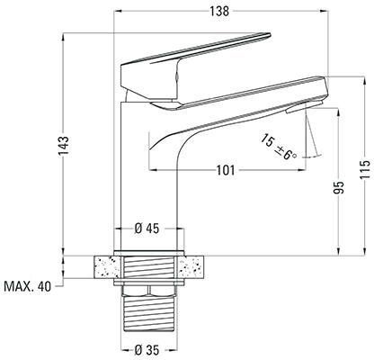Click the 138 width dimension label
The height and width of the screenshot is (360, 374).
pyautogui.click(x=219, y=11)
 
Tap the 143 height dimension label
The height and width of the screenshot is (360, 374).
pyautogui.click(x=64, y=146)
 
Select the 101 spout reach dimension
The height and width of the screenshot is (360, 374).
pyautogui.click(x=226, y=170)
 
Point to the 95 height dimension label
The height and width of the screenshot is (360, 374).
pyautogui.click(x=339, y=188)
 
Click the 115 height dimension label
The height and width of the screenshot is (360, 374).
pyautogui.click(x=365, y=170)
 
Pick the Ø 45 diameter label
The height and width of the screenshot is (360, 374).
pyautogui.click(x=147, y=229)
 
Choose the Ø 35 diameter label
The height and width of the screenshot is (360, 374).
pyautogui.click(x=147, y=350)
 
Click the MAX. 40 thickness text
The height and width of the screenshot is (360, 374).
pyautogui.click(x=28, y=287)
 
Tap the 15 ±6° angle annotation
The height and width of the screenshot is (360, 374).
pyautogui.click(x=278, y=148)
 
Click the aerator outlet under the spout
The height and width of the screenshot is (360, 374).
pyautogui.click(x=304, y=107)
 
